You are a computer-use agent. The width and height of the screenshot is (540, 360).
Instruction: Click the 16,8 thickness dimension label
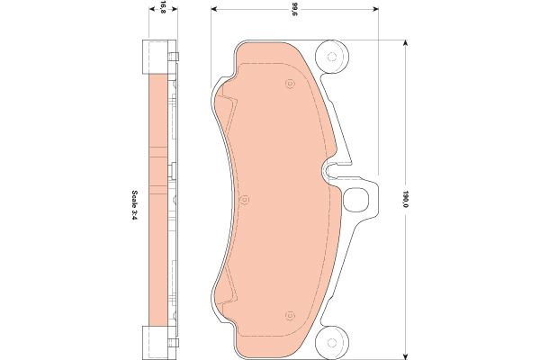(163, 6)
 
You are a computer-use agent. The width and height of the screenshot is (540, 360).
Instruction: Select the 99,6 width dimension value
(294, 10)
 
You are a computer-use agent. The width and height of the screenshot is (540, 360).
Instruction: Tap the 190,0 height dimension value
(406, 199)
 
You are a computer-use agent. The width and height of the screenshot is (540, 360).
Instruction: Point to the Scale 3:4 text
(134, 205)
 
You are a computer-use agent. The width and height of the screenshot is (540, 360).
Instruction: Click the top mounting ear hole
(331, 57)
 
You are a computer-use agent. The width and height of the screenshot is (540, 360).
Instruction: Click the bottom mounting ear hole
(331, 342)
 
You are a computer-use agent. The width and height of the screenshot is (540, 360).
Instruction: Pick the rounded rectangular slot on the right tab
(356, 199)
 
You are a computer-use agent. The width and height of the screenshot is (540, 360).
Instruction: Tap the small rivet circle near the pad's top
(291, 84)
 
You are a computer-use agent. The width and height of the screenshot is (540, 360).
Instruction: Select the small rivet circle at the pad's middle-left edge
(244, 200)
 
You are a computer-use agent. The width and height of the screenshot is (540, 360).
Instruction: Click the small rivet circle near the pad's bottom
(291, 315)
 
